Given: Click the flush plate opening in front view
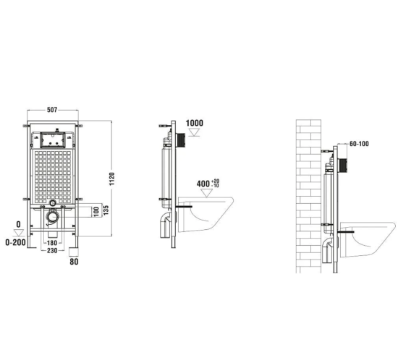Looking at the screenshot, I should pos(54,137).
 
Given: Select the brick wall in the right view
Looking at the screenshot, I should pos(308,195).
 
